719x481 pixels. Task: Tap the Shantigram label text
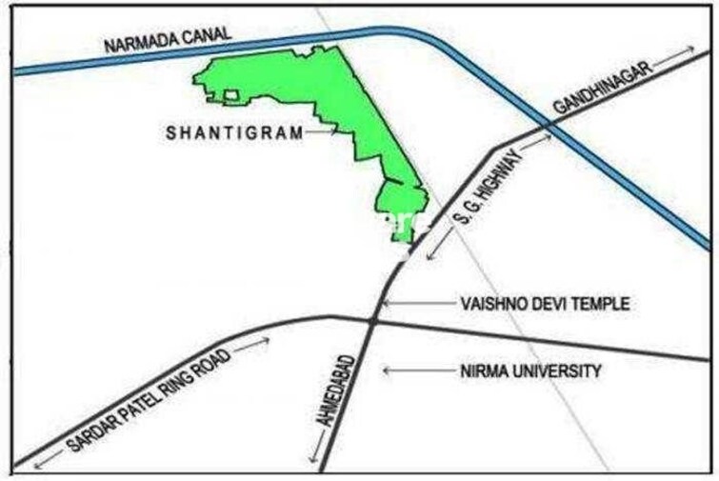click(x=234, y=133)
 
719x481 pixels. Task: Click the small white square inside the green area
click(x=231, y=94)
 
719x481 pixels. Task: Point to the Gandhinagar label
click(x=603, y=87)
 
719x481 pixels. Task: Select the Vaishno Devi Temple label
click(x=545, y=304)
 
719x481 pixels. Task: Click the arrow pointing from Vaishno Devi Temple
click(x=413, y=305)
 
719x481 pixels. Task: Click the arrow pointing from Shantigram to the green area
click(x=322, y=133)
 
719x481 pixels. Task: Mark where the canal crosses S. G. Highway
click(x=547, y=125)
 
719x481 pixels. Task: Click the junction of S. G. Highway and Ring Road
click(x=370, y=321)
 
